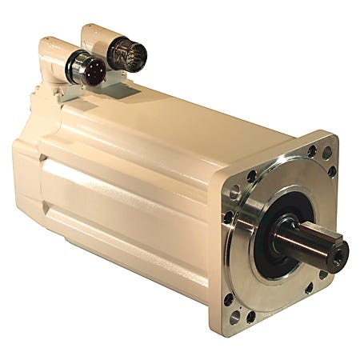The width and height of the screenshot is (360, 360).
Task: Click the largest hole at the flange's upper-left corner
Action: coord(234,191)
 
